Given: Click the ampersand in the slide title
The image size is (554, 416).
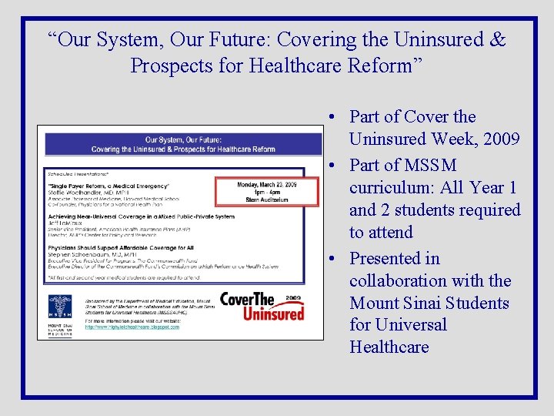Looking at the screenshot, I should click(x=497, y=39).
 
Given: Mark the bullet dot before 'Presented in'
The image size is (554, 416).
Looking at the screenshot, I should click(x=330, y=259).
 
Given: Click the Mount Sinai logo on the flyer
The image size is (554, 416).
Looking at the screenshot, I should click(x=60, y=314).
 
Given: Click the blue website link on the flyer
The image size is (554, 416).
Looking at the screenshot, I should click(x=132, y=327).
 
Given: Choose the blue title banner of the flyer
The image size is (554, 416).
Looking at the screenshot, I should click(x=183, y=144).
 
